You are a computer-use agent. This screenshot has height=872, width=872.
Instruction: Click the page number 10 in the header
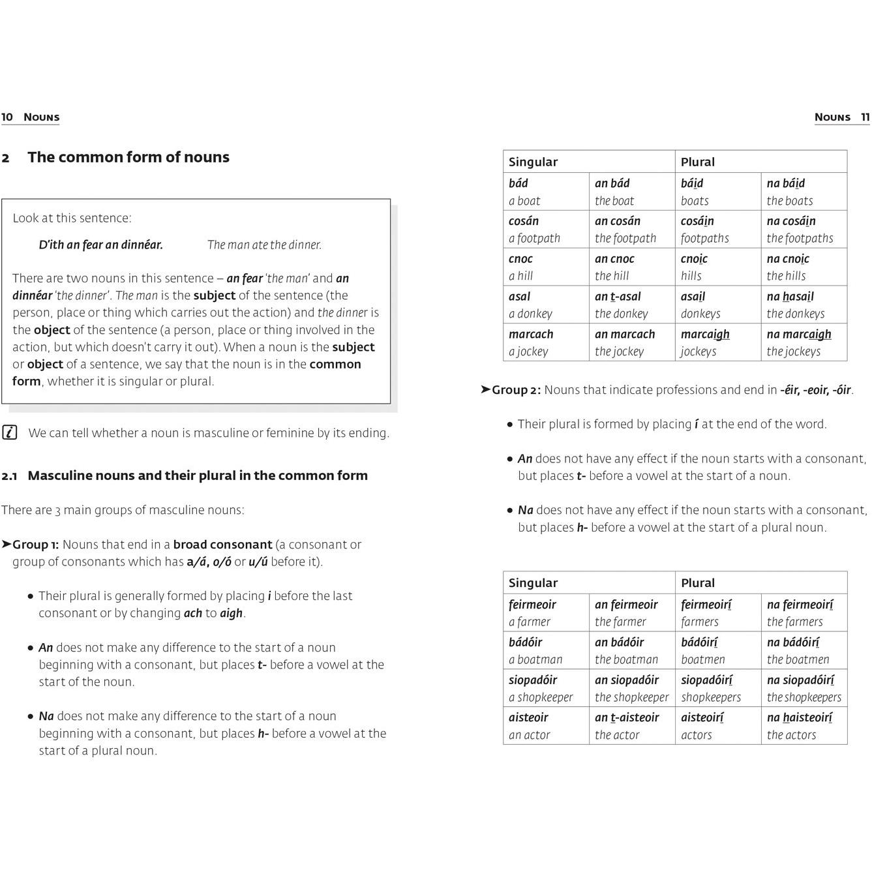(x=7, y=117)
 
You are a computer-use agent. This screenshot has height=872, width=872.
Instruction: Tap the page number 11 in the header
(x=865, y=117)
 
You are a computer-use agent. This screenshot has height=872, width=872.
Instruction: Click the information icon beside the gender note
(x=10, y=432)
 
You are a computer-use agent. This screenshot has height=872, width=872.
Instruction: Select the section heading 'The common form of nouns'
(x=128, y=157)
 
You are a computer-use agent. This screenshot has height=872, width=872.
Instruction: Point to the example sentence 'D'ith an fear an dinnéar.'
(x=100, y=245)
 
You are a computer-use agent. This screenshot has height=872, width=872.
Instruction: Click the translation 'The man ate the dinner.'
(x=264, y=245)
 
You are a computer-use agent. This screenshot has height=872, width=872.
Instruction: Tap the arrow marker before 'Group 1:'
(x=7, y=544)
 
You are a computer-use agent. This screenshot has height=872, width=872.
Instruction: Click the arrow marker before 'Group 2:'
(x=485, y=389)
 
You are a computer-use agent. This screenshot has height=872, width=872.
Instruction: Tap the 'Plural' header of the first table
(x=698, y=162)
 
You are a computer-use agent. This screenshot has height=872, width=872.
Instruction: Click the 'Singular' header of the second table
(x=533, y=583)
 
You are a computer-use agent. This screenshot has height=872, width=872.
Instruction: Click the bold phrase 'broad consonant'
(x=222, y=545)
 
